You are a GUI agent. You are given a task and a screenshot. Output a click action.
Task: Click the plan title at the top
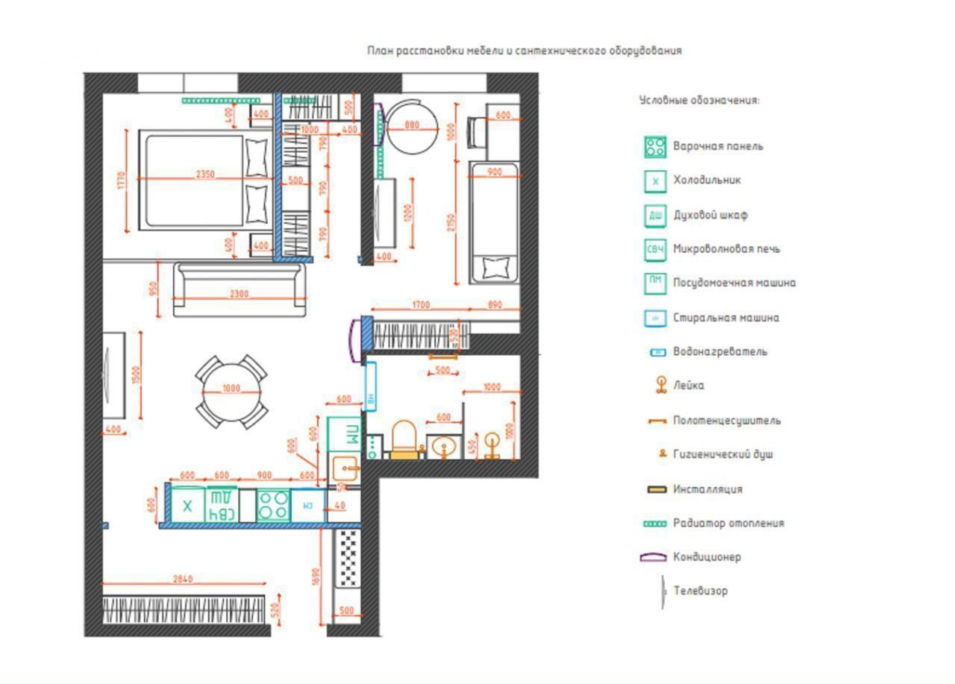pyautogui.click(x=524, y=51)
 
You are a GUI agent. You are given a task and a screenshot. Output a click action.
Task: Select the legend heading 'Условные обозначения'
pyautogui.click(x=699, y=100)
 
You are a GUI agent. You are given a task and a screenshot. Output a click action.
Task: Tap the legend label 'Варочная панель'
pyautogui.click(x=718, y=146)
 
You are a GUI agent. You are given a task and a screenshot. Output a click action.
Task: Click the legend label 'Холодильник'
pyautogui.click(x=707, y=181)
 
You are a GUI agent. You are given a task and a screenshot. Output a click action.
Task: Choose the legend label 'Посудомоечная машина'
pyautogui.click(x=734, y=283)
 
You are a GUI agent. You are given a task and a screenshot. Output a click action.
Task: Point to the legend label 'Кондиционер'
pyautogui.click(x=707, y=557)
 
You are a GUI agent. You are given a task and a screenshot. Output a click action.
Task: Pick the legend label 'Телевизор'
pyautogui.click(x=700, y=591)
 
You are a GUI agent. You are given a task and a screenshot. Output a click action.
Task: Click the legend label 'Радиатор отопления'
pyautogui.click(x=728, y=524)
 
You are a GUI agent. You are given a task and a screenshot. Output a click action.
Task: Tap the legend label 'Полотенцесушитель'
pyautogui.click(x=727, y=421)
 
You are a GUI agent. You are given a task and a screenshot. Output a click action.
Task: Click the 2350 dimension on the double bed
pyautogui.click(x=205, y=175)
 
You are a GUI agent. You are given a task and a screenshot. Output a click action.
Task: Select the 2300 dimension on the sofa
pyautogui.click(x=239, y=294)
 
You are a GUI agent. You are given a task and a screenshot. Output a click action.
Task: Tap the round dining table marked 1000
pyautogui.click(x=231, y=389)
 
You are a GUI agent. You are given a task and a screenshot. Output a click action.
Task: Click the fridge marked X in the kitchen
pyautogui.click(x=187, y=506)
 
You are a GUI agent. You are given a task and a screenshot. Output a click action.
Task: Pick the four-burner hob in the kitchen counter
pyautogui.click(x=273, y=505)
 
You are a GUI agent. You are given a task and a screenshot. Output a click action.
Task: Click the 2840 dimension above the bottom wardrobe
pyautogui.click(x=182, y=579)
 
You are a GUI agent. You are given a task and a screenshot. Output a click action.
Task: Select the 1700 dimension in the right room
pyautogui.click(x=421, y=305)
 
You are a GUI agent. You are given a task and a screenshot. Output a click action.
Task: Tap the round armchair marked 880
pyautogui.click(x=410, y=126)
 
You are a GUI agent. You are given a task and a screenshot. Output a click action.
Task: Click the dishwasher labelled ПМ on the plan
pyautogui.click(x=345, y=433)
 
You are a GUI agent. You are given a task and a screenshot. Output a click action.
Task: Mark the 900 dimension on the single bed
pyautogui.click(x=494, y=172)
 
